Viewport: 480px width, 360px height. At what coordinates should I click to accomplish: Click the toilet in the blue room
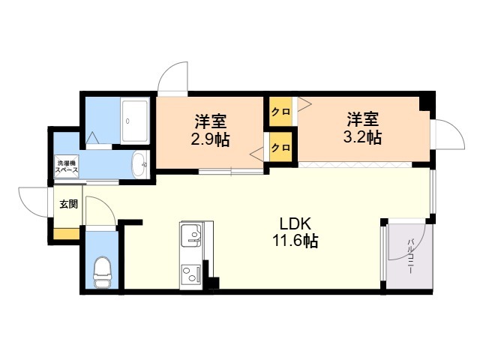click(102, 272)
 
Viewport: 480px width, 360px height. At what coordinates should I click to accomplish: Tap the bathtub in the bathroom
click(135, 121)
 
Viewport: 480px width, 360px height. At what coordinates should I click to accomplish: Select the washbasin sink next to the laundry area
click(140, 164)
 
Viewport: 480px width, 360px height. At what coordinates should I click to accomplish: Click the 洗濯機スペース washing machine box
click(67, 166)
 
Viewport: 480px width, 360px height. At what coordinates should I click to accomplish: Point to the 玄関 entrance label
click(68, 204)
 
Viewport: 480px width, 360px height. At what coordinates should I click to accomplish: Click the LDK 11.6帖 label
click(295, 232)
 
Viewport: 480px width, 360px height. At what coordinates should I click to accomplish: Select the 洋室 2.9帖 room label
click(211, 130)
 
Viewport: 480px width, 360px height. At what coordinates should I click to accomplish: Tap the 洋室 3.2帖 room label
click(363, 128)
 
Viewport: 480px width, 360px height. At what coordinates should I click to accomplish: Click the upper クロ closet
click(280, 112)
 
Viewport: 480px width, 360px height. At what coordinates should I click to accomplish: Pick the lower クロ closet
click(280, 147)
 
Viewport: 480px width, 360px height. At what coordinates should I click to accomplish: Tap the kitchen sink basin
click(191, 235)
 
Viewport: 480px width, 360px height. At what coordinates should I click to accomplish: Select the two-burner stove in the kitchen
click(191, 274)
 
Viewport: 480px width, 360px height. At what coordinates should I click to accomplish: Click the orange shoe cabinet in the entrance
click(67, 233)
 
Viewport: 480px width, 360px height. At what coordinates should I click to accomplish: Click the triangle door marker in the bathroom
click(92, 138)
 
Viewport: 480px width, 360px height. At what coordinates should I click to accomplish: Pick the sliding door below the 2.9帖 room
click(231, 172)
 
